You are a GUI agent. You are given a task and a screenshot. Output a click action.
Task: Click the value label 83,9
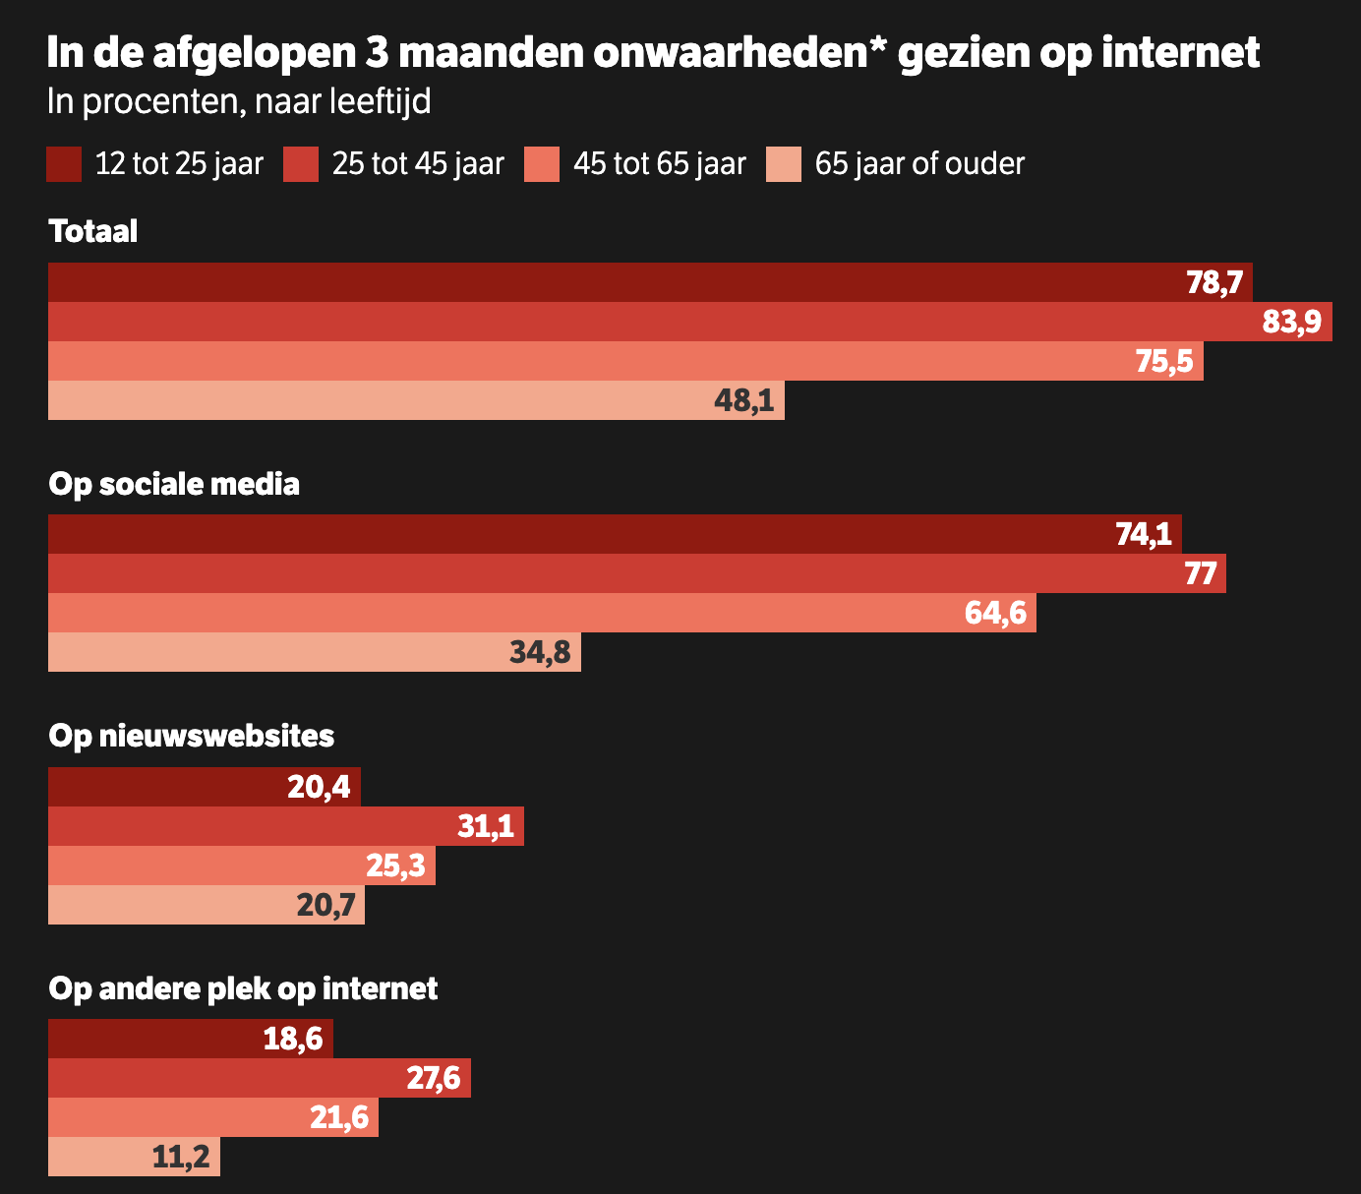click(1291, 322)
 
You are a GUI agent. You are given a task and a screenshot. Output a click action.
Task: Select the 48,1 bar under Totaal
click(416, 400)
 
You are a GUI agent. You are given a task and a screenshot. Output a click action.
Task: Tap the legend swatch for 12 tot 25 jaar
click(64, 164)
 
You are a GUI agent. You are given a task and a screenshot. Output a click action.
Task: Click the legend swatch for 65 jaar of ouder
click(784, 164)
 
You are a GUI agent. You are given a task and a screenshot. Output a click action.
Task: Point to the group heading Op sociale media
click(174, 484)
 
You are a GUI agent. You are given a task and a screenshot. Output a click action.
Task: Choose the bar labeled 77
click(636, 573)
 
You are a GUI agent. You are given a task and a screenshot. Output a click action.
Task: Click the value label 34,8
click(540, 652)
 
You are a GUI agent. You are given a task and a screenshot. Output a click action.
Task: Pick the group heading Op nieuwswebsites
click(192, 736)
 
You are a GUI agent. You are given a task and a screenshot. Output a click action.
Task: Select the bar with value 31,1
click(285, 826)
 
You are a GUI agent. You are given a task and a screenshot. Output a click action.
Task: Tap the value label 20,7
click(325, 905)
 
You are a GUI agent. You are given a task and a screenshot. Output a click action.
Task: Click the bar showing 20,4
click(204, 787)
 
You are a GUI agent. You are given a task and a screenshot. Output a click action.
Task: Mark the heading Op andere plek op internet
click(243, 988)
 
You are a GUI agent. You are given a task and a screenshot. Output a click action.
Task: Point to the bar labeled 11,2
click(134, 1157)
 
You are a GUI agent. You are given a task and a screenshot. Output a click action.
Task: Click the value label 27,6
click(433, 1079)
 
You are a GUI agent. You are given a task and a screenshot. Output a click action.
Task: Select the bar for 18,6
click(190, 1039)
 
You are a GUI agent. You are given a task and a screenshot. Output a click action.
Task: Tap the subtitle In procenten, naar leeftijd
click(239, 101)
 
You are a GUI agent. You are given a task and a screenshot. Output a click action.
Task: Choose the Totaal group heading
click(93, 232)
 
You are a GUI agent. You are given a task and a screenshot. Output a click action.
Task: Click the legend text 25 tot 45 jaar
click(418, 164)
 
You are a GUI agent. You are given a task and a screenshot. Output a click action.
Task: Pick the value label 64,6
click(995, 613)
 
